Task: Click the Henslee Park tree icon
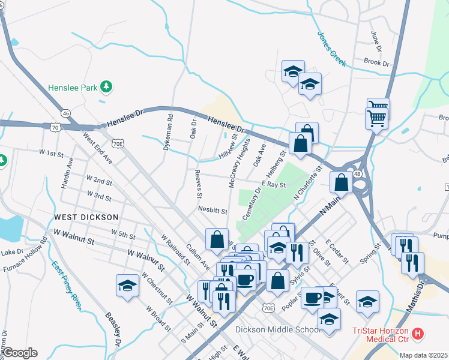[106, 88]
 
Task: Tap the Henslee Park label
[73, 88]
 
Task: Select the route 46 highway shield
[65, 113]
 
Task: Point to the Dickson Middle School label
[278, 329]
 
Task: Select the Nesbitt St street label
[212, 211]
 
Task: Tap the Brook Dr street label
[377, 62]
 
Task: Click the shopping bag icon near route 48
[341, 182]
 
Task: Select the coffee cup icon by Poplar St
[312, 298]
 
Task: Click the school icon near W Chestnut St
[127, 286]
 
